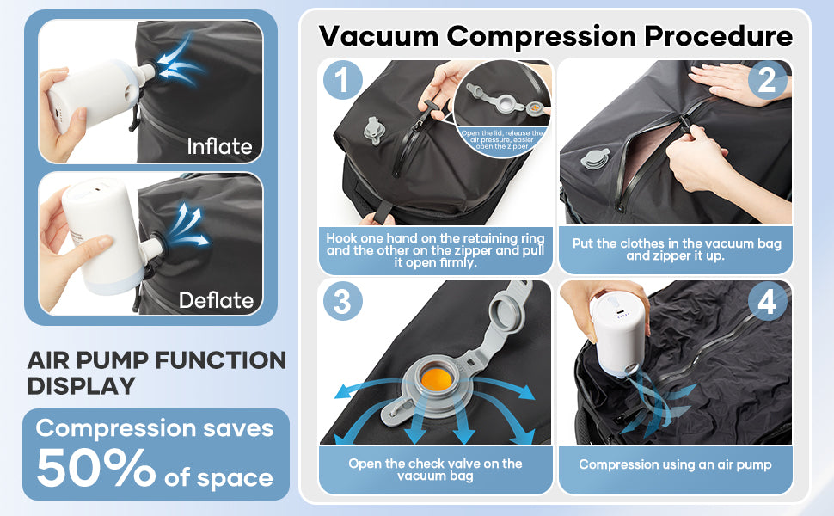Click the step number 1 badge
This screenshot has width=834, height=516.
pyautogui.click(x=343, y=80)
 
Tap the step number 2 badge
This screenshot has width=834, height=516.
pyautogui.click(x=767, y=80)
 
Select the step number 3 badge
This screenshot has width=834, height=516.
pyautogui.click(x=343, y=301)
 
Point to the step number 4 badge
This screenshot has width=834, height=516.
pyautogui.click(x=767, y=302)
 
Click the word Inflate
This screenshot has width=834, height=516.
pyautogui.click(x=219, y=146)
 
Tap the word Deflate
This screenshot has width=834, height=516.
pyautogui.click(x=216, y=300)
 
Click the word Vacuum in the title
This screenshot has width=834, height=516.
pyautogui.click(x=378, y=36)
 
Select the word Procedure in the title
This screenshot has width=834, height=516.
pyautogui.click(x=718, y=36)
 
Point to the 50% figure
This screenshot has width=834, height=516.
pyautogui.click(x=95, y=467)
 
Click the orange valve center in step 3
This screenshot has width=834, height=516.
pyautogui.click(x=436, y=378)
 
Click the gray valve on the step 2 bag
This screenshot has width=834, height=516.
pyautogui.click(x=595, y=158)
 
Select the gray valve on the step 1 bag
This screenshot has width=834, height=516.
pyautogui.click(x=374, y=131)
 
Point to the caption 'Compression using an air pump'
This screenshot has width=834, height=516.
pyautogui.click(x=675, y=464)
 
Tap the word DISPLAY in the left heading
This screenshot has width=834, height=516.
pyautogui.click(x=82, y=385)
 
